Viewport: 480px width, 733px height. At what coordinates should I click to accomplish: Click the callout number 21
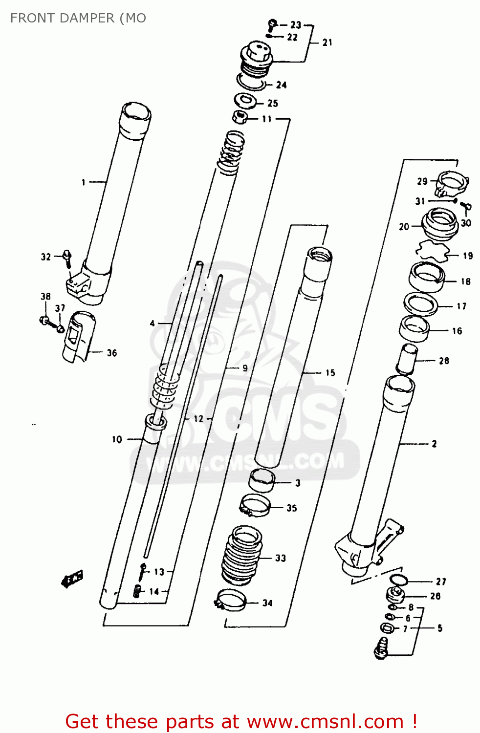click(x=327, y=43)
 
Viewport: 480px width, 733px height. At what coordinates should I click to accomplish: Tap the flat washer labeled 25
click(x=245, y=101)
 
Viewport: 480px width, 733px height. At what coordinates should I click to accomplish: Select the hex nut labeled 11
click(x=239, y=117)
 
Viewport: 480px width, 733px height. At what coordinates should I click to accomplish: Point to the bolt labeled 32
click(x=67, y=259)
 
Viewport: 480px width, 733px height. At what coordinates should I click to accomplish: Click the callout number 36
click(x=112, y=353)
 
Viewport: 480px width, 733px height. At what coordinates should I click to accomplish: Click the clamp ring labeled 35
click(x=255, y=505)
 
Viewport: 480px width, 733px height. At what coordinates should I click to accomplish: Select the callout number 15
click(x=330, y=373)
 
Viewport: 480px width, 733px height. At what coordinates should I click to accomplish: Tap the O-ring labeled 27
click(x=399, y=580)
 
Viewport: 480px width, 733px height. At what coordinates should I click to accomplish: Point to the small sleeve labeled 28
click(x=407, y=359)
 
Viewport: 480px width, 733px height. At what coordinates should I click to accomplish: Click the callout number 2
click(x=434, y=444)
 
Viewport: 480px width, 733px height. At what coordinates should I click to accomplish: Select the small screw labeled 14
click(x=137, y=591)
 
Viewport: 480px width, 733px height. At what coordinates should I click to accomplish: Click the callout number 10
click(x=117, y=439)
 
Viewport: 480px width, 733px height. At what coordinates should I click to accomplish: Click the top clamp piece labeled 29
click(x=451, y=184)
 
